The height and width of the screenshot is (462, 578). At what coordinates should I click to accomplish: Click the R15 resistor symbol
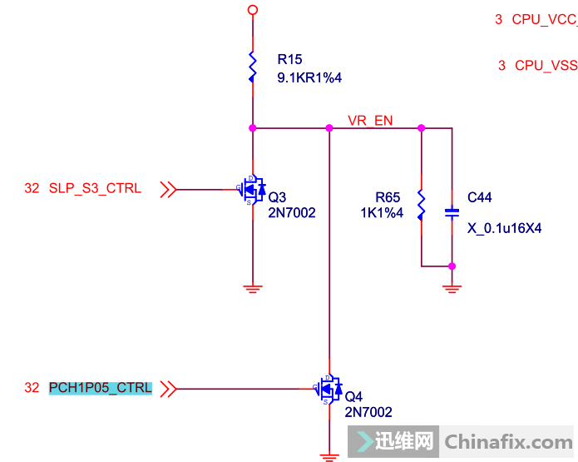[252, 67]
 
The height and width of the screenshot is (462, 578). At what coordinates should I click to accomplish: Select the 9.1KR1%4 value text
[309, 77]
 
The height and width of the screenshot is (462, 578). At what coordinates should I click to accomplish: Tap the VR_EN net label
[370, 121]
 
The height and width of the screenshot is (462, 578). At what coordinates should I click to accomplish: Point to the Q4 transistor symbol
[329, 389]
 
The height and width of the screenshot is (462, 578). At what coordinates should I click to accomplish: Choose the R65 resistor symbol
[422, 205]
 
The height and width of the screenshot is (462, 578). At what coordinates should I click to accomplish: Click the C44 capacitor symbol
[452, 211]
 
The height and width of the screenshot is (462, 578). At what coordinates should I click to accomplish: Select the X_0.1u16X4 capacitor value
[504, 227]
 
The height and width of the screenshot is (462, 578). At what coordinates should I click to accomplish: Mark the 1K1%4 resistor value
[382, 213]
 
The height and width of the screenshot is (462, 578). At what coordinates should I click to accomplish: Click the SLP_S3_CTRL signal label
[95, 189]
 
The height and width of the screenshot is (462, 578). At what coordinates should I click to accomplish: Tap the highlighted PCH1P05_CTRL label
[101, 388]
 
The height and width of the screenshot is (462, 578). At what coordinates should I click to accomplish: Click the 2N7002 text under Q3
[292, 213]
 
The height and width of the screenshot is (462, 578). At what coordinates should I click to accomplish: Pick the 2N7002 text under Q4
[368, 412]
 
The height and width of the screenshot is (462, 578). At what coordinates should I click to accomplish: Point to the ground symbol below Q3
[252, 288]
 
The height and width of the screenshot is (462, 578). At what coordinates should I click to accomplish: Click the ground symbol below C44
[452, 288]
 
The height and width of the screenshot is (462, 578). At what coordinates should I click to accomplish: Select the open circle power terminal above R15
[252, 9]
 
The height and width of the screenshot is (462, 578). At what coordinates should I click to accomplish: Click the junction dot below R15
[252, 128]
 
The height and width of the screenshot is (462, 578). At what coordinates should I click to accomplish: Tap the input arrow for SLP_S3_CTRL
[167, 189]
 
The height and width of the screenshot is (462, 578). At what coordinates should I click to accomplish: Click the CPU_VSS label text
[546, 65]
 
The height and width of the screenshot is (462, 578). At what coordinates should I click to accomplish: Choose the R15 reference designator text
[290, 60]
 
